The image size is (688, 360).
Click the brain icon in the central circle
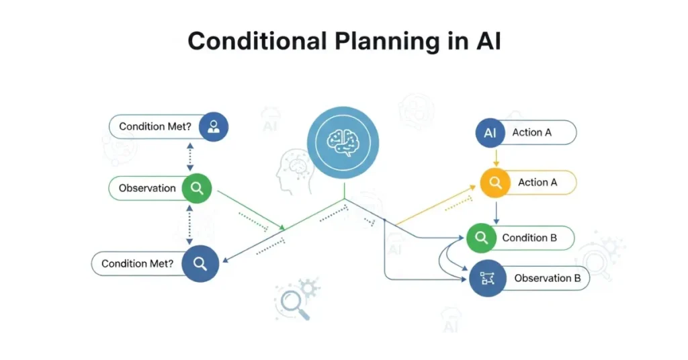343,142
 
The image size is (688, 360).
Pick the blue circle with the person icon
214,126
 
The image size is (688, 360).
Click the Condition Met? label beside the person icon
155,126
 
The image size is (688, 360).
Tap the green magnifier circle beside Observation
196,189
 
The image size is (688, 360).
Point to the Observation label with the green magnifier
147,189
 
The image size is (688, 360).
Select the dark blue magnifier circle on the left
200,263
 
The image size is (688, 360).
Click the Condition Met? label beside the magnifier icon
137,263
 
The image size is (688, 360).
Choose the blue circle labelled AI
490,133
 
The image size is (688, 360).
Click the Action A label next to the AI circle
532,133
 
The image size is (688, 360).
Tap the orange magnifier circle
496,182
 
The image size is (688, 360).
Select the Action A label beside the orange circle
537,182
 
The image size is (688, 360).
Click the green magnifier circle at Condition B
481,238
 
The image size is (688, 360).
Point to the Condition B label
529,238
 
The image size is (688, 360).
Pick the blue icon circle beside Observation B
487,278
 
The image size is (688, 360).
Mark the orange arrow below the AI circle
496,157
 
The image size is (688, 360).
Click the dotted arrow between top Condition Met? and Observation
190,157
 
